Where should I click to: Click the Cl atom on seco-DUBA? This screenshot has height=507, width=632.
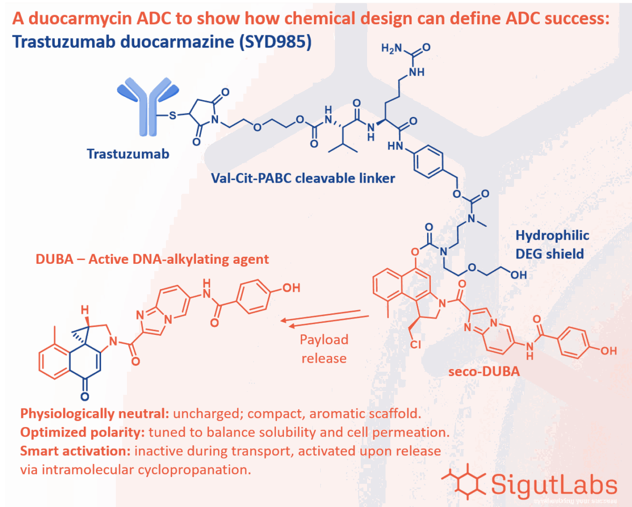416,345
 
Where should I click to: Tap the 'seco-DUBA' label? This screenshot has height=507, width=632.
484,371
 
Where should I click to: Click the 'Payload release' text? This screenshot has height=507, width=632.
324,349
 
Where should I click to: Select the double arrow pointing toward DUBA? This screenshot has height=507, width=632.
324,317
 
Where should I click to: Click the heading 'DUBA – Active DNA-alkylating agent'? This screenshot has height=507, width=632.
152,259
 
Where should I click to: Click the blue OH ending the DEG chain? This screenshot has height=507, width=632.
519,274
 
